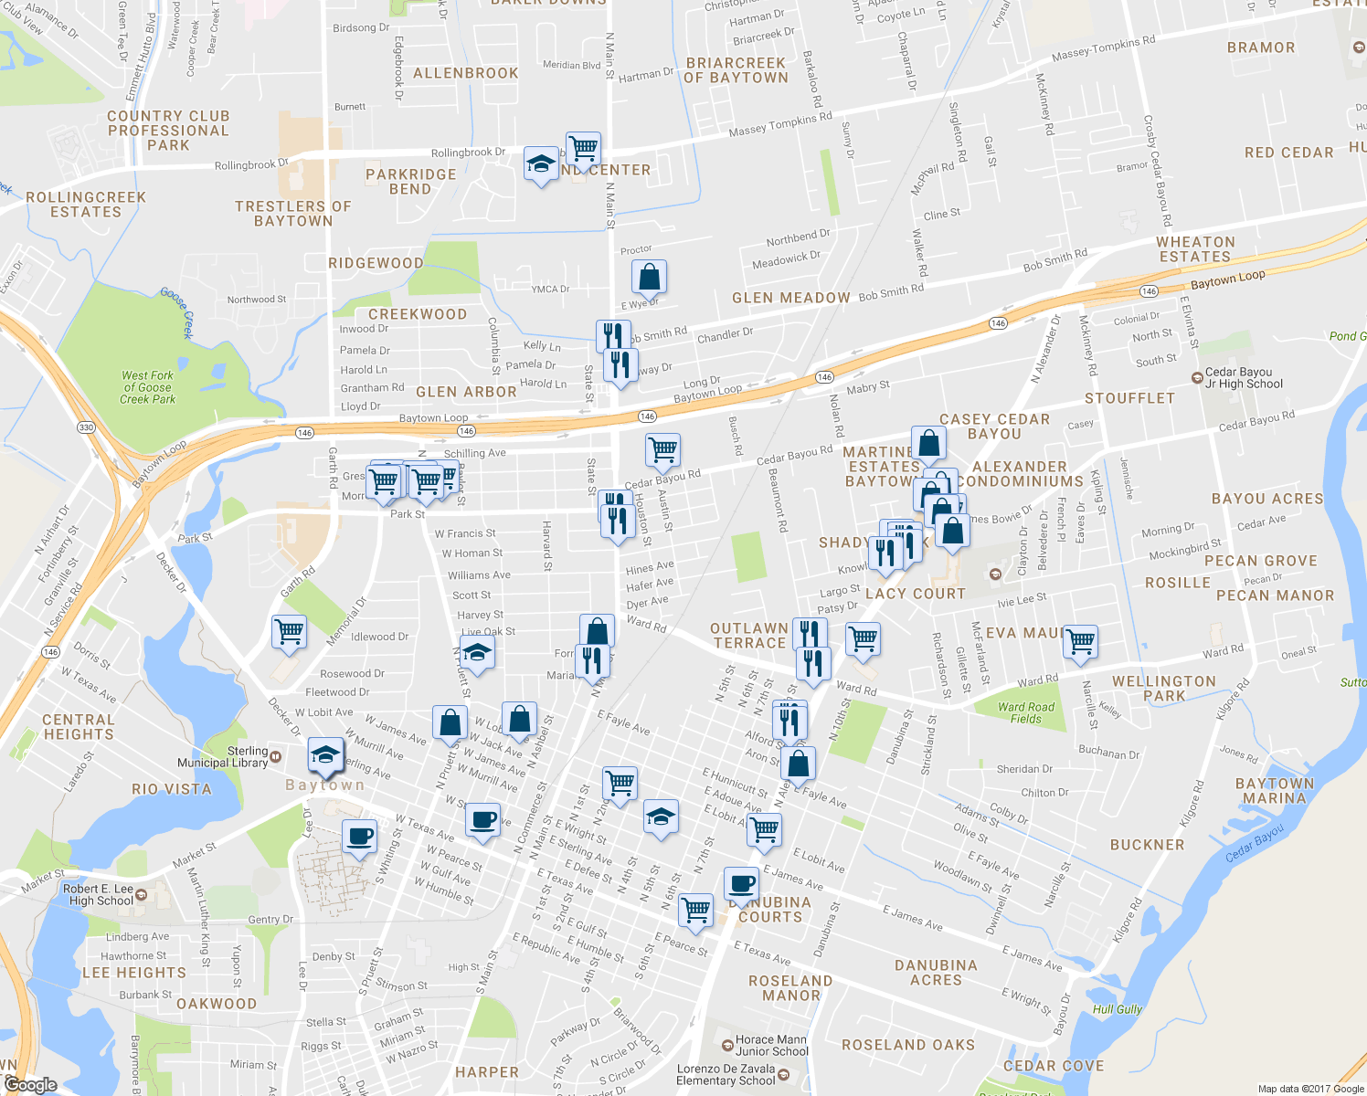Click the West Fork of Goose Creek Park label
pyautogui.click(x=147, y=387)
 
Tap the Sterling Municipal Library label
pyautogui.click(x=223, y=757)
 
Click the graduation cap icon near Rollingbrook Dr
pyautogui.click(x=541, y=164)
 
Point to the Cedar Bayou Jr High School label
pyautogui.click(x=1244, y=378)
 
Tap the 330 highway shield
pyautogui.click(x=86, y=427)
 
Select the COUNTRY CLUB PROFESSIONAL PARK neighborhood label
pyautogui.click(x=168, y=131)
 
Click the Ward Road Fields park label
pyautogui.click(x=1025, y=713)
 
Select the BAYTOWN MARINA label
pyautogui.click(x=1274, y=791)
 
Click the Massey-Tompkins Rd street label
pyautogui.click(x=1103, y=48)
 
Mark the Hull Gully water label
pyautogui.click(x=1117, y=1009)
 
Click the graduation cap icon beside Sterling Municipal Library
pyautogui.click(x=324, y=754)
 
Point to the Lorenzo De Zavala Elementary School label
pyautogui.click(x=726, y=1075)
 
